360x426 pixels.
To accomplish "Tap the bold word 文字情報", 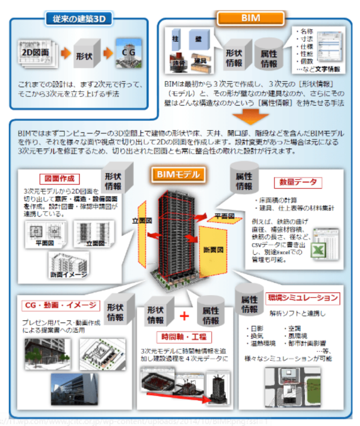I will pyautogui.click(x=328, y=69).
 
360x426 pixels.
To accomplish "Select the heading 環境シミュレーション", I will pyautogui.click(x=302, y=298).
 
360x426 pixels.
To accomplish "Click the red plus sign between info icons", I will pyautogui.click(x=184, y=316).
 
